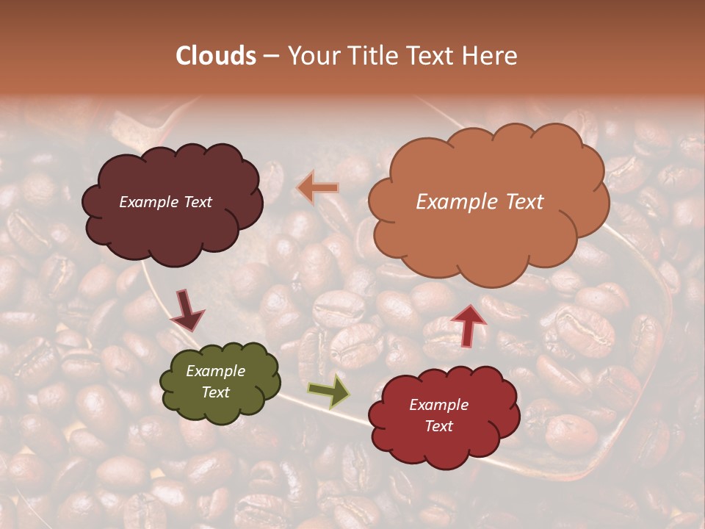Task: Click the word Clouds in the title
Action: point(216,56)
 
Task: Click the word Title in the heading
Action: point(369,56)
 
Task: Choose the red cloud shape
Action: point(444,448)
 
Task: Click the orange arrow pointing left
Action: point(317,188)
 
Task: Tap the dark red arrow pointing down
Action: point(188,311)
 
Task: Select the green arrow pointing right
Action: point(328,391)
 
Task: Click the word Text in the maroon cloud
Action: point(196,202)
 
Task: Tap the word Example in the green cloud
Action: point(215,371)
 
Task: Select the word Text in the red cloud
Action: point(438,426)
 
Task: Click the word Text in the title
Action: point(428,56)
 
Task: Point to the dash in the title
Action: point(270,57)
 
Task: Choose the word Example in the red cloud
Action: point(438,405)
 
